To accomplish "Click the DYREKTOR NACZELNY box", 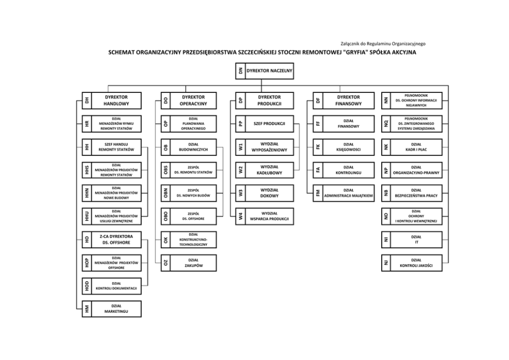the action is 269,71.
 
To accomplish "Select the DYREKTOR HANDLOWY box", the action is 116,101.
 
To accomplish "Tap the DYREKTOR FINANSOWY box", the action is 348,101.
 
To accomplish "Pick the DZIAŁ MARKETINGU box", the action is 116,309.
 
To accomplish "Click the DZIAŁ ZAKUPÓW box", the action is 193,263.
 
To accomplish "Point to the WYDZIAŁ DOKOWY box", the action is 269,193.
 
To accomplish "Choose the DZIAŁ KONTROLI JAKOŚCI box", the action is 416,263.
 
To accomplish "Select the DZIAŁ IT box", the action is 416,239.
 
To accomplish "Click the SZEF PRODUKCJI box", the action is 269,124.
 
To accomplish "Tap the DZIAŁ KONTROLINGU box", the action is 348,170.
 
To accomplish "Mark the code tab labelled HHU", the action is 87,216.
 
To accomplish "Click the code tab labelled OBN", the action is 165,193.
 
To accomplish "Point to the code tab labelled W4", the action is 241,216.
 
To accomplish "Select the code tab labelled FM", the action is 318,193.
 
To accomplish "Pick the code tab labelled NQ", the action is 386,124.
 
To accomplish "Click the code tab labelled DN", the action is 241,71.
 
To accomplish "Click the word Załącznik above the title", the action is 351,44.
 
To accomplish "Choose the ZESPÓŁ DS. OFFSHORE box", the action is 193,216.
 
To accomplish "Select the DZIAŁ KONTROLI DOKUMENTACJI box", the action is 116,286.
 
